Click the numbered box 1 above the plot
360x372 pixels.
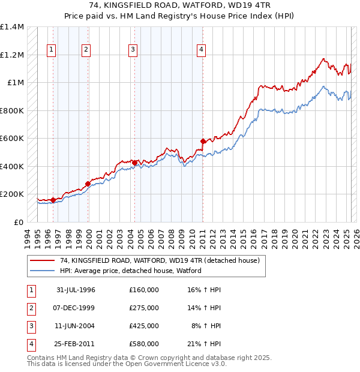tap(52, 50)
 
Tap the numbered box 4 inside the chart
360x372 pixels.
tap(202, 50)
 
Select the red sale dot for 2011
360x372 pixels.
tap(203, 142)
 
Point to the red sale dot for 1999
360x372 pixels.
tap(88, 184)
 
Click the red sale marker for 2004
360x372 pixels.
tap(134, 163)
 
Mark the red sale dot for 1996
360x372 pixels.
tap(53, 200)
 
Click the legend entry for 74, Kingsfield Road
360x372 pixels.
tap(160, 260)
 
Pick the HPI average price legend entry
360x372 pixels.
tap(130, 271)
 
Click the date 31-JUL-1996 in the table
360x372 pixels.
tap(76, 290)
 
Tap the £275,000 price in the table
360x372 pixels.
tap(144, 308)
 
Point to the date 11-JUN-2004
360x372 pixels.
tap(76, 326)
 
